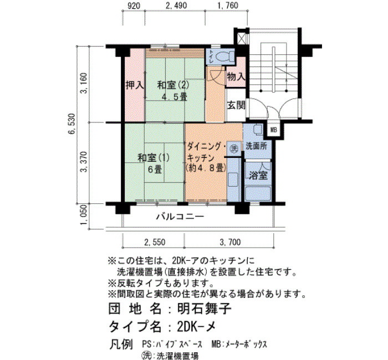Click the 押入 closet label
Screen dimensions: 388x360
135,85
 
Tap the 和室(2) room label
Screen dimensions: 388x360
173,85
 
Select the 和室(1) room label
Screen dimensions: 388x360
154,158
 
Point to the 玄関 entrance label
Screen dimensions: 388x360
236,106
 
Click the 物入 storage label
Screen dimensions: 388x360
236,77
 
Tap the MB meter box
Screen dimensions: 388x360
274,130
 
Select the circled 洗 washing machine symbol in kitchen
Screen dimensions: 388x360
234,148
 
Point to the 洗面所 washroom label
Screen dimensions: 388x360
256,146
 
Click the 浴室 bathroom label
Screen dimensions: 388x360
258,176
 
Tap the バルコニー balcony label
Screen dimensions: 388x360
180,217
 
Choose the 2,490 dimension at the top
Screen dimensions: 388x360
176,6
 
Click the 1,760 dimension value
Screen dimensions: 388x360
227,6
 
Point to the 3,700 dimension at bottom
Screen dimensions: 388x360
230,242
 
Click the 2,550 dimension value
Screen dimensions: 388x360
155,242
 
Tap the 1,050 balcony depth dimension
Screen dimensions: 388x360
84,215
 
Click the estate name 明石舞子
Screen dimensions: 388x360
205,308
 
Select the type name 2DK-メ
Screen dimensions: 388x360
197,327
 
